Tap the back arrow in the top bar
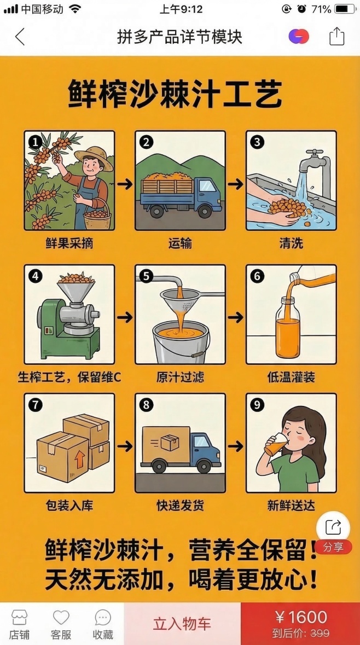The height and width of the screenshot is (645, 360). point(20,37)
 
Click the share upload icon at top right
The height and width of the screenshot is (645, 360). point(336,37)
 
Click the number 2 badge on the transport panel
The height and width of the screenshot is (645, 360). point(146,142)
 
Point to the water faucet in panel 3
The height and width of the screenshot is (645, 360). point(318,158)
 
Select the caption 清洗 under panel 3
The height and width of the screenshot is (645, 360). point(291,243)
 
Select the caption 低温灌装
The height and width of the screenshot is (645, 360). point(291,377)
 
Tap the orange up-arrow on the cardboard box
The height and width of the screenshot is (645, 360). point(80,460)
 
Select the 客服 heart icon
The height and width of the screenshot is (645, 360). point(61,618)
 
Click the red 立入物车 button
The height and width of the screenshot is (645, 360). point(182,624)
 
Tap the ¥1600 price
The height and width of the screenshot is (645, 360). point(300,618)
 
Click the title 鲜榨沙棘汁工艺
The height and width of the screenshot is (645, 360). point(175,94)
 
